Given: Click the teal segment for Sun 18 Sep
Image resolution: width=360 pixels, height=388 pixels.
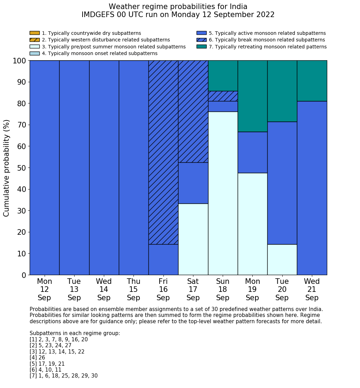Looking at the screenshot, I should coord(223,76).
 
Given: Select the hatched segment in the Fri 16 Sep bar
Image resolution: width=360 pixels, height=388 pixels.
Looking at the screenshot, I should coord(163,152).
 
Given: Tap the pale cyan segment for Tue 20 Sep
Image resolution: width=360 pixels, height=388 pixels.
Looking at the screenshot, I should coord(282,259).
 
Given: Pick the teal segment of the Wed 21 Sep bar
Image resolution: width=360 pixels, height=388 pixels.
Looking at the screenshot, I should coord(312,81).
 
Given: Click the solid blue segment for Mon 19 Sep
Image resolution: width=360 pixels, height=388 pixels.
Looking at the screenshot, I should coord(252,152).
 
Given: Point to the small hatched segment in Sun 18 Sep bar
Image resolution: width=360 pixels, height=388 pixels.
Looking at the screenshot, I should coord(223,96).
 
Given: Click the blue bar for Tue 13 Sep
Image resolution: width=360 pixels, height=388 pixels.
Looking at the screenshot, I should coord(74,168).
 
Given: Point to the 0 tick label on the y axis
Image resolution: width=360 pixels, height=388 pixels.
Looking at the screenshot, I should coord(24,275).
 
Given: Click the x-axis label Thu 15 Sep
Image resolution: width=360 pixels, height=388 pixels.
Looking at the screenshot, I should coord(133,289).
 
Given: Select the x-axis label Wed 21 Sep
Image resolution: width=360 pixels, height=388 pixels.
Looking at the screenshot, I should coord(312,289).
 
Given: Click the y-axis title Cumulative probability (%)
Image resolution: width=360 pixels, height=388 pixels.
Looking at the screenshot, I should coord(7,168).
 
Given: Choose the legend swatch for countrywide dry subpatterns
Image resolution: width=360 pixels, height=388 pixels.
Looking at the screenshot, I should coord(35,33).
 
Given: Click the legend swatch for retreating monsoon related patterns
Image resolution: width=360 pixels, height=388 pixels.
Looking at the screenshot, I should coord(201,47).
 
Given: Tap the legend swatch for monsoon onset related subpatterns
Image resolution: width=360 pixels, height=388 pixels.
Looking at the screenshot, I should coord(35,53).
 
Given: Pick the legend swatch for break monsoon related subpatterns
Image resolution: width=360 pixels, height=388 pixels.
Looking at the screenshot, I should coord(201,40).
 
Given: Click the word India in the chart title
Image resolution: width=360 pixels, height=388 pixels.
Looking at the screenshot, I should coord(239,7).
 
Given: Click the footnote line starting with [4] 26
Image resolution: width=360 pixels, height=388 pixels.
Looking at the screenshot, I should coord(37,358).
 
